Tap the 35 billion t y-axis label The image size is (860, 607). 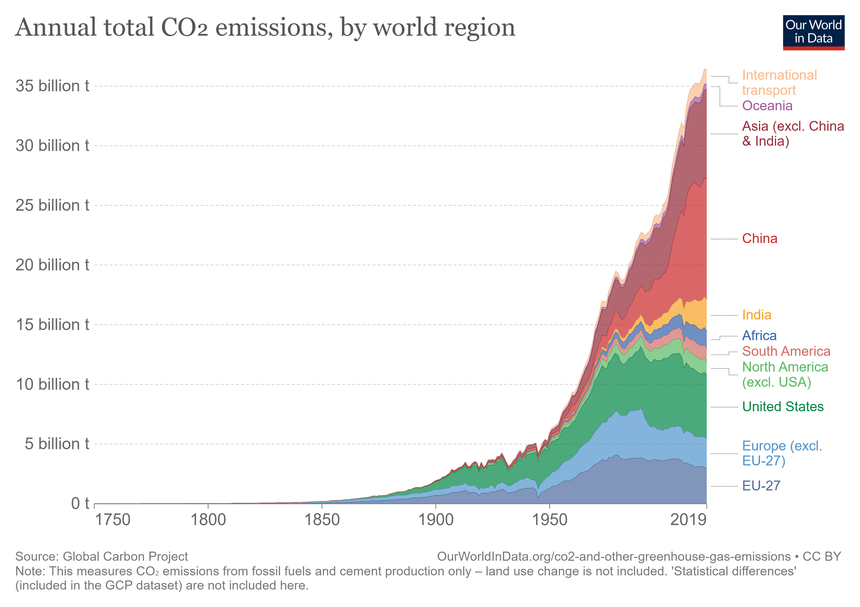pos(52,86)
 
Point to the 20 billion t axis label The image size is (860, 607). pos(52,265)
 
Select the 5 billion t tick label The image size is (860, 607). pos(57,444)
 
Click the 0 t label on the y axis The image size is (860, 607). pos(80,504)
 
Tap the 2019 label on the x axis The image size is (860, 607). pos(688,520)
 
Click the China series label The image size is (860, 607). pos(759,239)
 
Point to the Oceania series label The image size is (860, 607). pos(767,106)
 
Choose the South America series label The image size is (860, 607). pos(786,351)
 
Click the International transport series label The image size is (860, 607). pos(779,83)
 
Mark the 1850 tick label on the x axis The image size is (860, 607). pos(322,520)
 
